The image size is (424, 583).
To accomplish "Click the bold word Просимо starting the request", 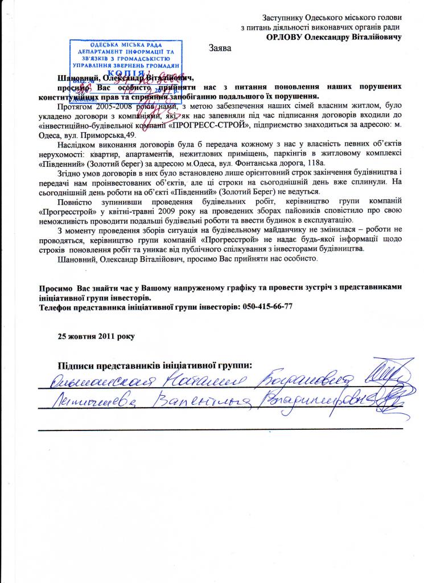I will tap(53, 288).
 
